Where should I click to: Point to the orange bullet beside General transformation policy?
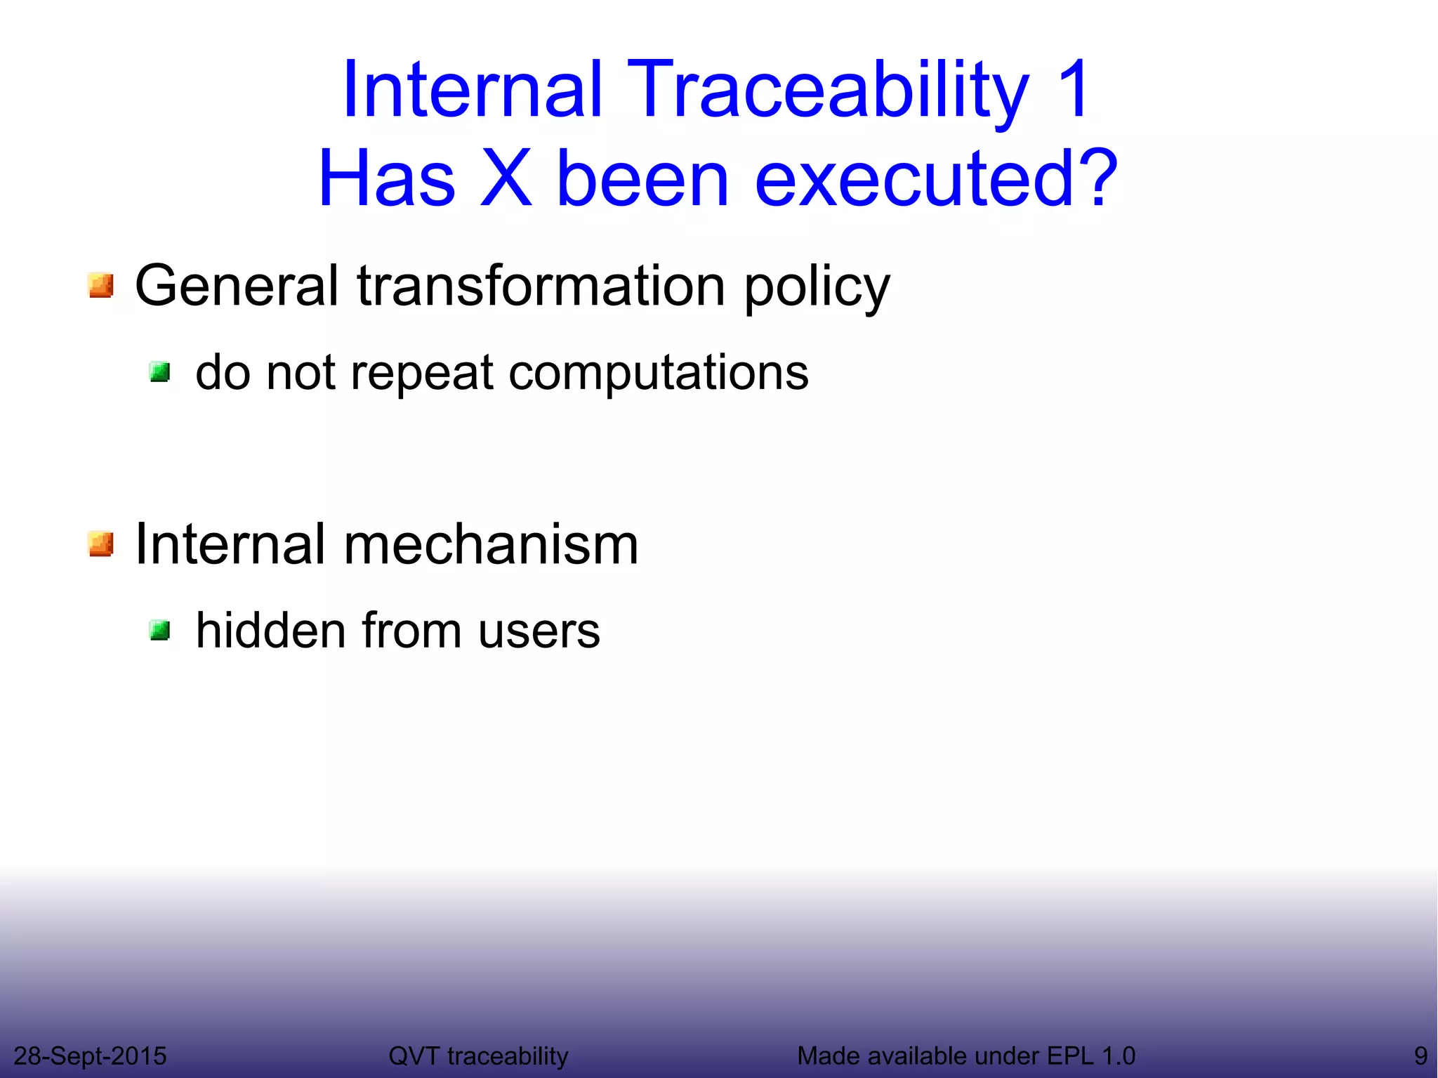[x=101, y=286]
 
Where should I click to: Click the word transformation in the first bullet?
[x=541, y=286]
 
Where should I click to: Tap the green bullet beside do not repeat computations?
[x=160, y=372]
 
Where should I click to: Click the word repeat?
[x=421, y=374]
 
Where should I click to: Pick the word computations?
[x=658, y=374]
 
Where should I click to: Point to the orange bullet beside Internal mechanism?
[x=101, y=544]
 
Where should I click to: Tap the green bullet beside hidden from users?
[x=160, y=630]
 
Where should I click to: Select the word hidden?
[x=271, y=630]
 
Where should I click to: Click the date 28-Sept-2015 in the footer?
[x=90, y=1056]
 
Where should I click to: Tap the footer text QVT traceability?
[x=478, y=1056]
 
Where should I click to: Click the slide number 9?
[x=1420, y=1056]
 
